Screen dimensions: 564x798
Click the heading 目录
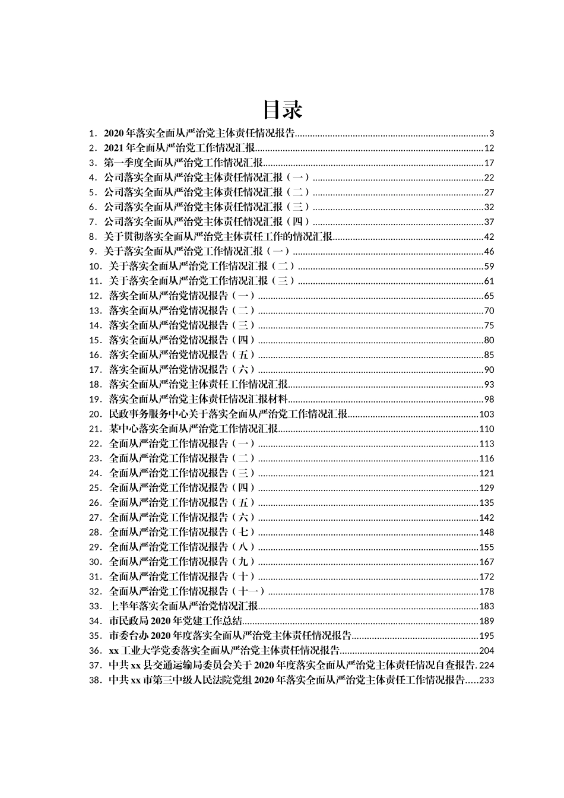coord(283,110)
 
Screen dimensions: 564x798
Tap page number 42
coord(489,237)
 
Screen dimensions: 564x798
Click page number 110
coord(487,429)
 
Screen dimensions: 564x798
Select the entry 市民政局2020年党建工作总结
coord(176,621)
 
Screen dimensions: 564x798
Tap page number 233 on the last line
coord(487,680)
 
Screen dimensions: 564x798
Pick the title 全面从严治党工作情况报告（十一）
coord(188,591)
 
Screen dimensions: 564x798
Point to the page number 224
coord(487,666)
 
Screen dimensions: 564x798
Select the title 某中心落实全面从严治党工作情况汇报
coord(194,429)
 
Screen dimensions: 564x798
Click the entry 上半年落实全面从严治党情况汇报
coord(183,606)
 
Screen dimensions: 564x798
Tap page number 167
coord(487,562)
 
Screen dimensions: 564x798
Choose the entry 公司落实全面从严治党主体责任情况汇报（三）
coord(207,207)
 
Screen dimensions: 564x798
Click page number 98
coord(489,400)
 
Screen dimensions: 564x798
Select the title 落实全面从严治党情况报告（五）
coord(182,355)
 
